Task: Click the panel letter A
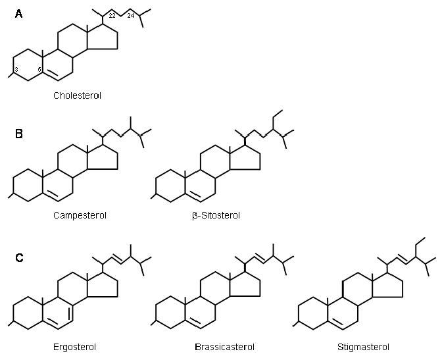click(18, 14)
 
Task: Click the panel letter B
click(19, 134)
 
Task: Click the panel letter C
click(19, 257)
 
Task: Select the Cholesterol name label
click(77, 95)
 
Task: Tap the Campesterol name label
click(80, 215)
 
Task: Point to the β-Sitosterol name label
click(216, 216)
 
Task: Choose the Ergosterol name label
click(74, 347)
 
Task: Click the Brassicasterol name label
click(225, 347)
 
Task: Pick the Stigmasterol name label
click(364, 347)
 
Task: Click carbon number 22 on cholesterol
click(112, 16)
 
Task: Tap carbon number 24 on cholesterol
click(131, 16)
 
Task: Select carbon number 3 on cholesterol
click(16, 69)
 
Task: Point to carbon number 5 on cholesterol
click(39, 69)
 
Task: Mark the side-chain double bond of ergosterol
click(117, 259)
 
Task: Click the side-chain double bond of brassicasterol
click(260, 259)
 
